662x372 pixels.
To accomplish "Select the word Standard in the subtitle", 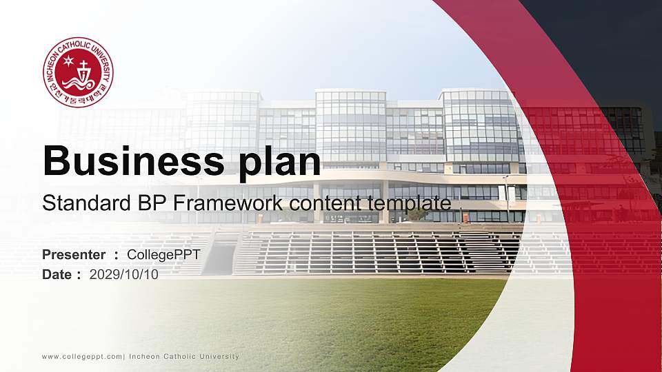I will (80, 203).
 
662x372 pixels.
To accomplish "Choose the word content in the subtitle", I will (325, 203).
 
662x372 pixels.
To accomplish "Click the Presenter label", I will (74, 256).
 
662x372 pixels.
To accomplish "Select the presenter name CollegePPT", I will (163, 256).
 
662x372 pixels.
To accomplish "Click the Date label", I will (57, 275).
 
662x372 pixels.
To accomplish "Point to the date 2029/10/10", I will (123, 275).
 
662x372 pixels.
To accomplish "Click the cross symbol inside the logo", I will (83, 70).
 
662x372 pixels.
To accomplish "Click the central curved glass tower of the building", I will (350, 127).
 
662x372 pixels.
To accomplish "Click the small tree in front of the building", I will (417, 214).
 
